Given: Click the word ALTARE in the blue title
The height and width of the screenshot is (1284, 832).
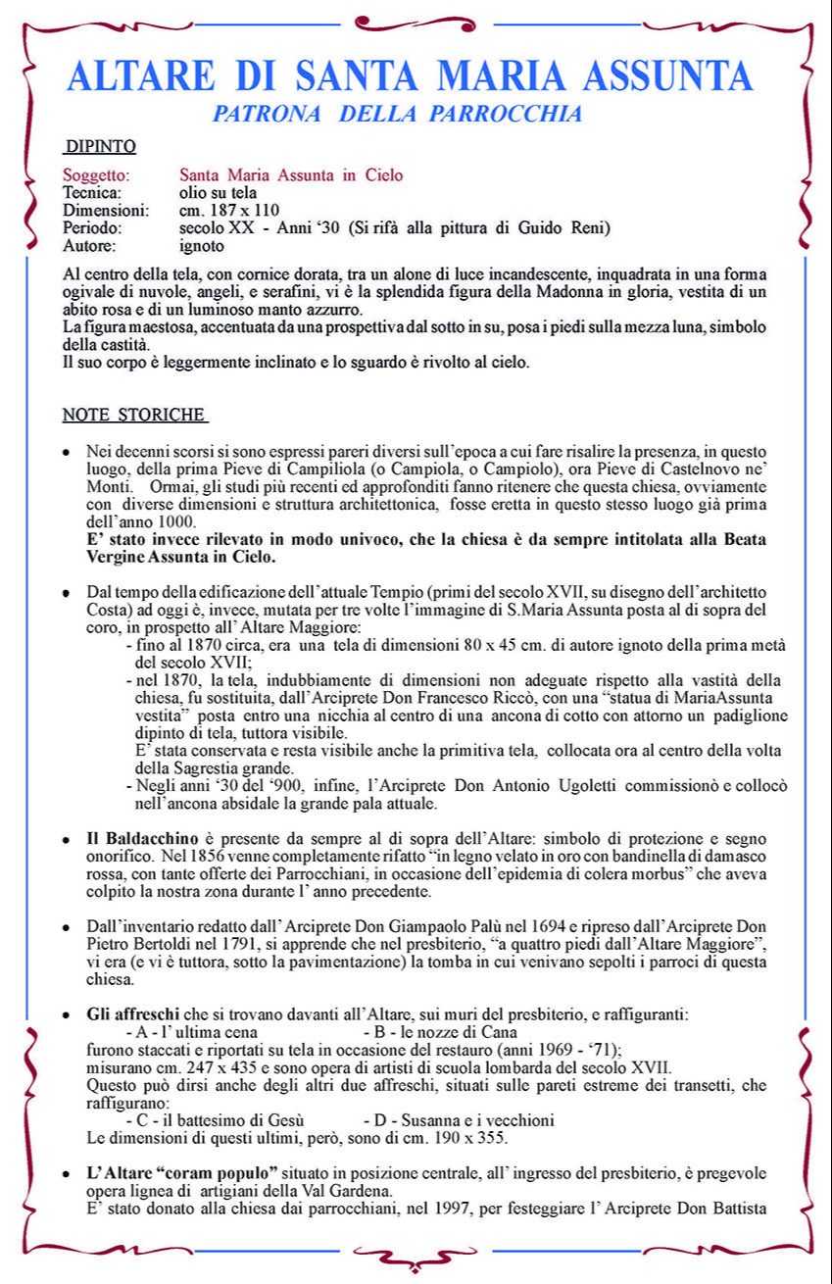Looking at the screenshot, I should pos(141,75).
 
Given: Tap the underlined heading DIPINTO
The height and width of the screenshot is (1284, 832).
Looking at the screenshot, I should pos(99,148).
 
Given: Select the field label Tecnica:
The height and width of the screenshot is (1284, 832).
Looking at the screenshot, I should pos(92,193).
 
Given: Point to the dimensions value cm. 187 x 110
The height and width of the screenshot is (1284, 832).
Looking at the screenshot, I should pos(229,211).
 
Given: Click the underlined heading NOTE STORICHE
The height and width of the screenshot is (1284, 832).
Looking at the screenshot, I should pos(134,415).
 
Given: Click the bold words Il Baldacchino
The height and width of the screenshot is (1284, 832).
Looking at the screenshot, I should pos(143,840).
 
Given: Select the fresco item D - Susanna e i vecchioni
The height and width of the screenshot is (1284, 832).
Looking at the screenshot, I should pos(459,1120).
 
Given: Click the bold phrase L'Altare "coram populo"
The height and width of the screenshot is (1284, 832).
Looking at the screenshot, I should pos(182,1173).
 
